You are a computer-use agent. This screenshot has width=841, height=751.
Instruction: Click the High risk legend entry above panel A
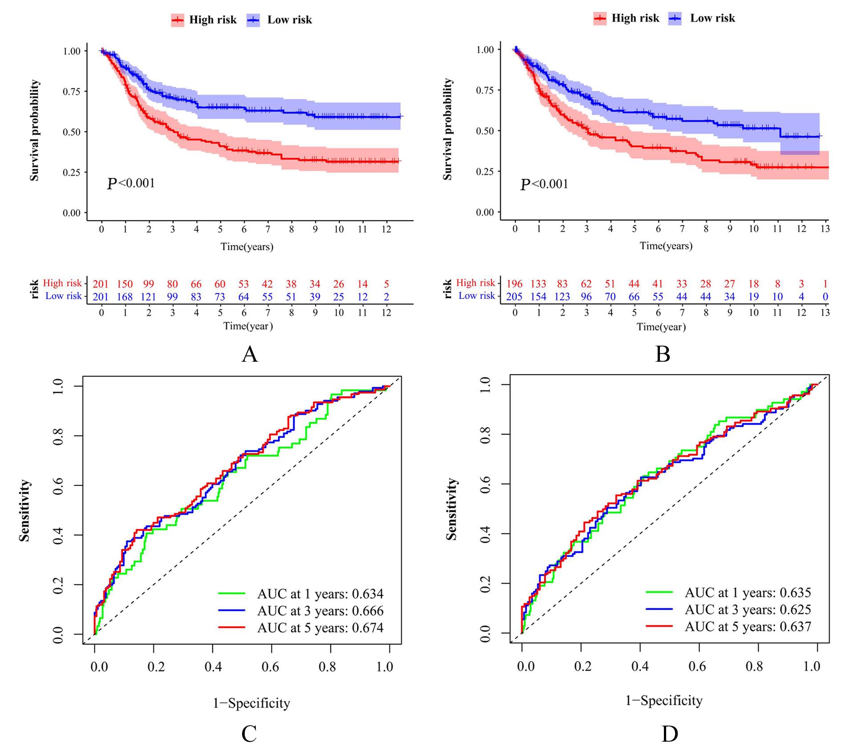click(204, 20)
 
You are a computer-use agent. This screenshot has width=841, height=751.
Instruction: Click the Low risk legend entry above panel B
click(702, 18)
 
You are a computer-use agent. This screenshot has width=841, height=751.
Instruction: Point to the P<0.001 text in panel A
click(131, 183)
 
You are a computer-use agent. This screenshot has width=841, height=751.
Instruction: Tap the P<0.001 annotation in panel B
click(544, 184)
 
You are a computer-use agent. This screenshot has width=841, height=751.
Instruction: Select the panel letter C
click(249, 734)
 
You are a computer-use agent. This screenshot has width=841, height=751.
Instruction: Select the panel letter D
click(669, 734)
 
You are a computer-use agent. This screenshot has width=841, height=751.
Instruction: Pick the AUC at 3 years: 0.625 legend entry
click(728, 609)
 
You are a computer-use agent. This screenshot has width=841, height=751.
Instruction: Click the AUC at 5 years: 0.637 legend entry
click(728, 626)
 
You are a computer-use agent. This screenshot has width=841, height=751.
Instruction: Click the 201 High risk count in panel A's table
click(101, 284)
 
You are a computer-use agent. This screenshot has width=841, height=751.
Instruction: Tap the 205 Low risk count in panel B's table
click(514, 297)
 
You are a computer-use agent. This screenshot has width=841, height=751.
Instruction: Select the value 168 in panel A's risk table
click(125, 297)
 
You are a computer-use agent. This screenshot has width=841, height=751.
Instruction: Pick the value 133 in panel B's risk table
click(538, 284)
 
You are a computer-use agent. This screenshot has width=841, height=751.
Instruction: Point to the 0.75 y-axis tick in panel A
click(72, 92)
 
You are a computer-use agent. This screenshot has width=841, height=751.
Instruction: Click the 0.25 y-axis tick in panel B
click(485, 171)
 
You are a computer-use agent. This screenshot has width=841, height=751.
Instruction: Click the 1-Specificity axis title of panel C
click(251, 703)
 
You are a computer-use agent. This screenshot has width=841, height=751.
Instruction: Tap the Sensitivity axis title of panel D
click(451, 509)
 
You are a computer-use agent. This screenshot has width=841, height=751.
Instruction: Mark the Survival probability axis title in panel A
click(34, 131)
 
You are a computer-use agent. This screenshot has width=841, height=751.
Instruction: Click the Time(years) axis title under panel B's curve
click(666, 246)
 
